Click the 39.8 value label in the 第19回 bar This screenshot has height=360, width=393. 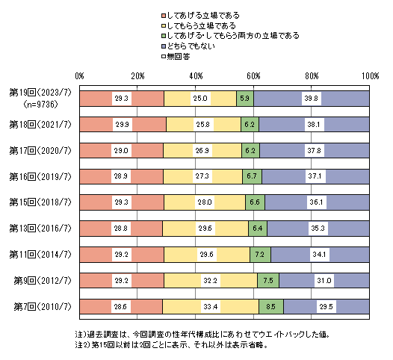click(x=312, y=99)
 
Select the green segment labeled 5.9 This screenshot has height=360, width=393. click(x=245, y=99)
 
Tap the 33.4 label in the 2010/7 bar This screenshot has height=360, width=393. click(x=211, y=307)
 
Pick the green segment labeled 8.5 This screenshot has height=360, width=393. click(x=271, y=307)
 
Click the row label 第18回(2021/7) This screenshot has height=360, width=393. click(x=40, y=124)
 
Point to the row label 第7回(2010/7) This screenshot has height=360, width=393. click(x=43, y=307)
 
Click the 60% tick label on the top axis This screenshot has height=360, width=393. click(x=253, y=76)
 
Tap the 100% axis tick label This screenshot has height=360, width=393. click(x=370, y=76)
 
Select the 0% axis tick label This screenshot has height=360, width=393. click(x=79, y=76)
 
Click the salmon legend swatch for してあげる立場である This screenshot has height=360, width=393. click(x=164, y=16)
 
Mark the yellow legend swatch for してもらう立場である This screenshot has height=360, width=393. click(x=164, y=26)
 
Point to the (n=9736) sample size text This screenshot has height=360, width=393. click(x=40, y=105)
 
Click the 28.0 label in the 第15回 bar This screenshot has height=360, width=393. click(x=205, y=202)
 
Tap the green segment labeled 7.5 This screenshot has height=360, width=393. click(x=268, y=281)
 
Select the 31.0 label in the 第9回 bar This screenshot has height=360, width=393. click(x=324, y=281)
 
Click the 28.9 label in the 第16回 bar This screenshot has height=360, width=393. click(x=121, y=176)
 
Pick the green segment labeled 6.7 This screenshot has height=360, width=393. click(x=252, y=176)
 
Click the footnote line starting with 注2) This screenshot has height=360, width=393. click(x=171, y=345)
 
